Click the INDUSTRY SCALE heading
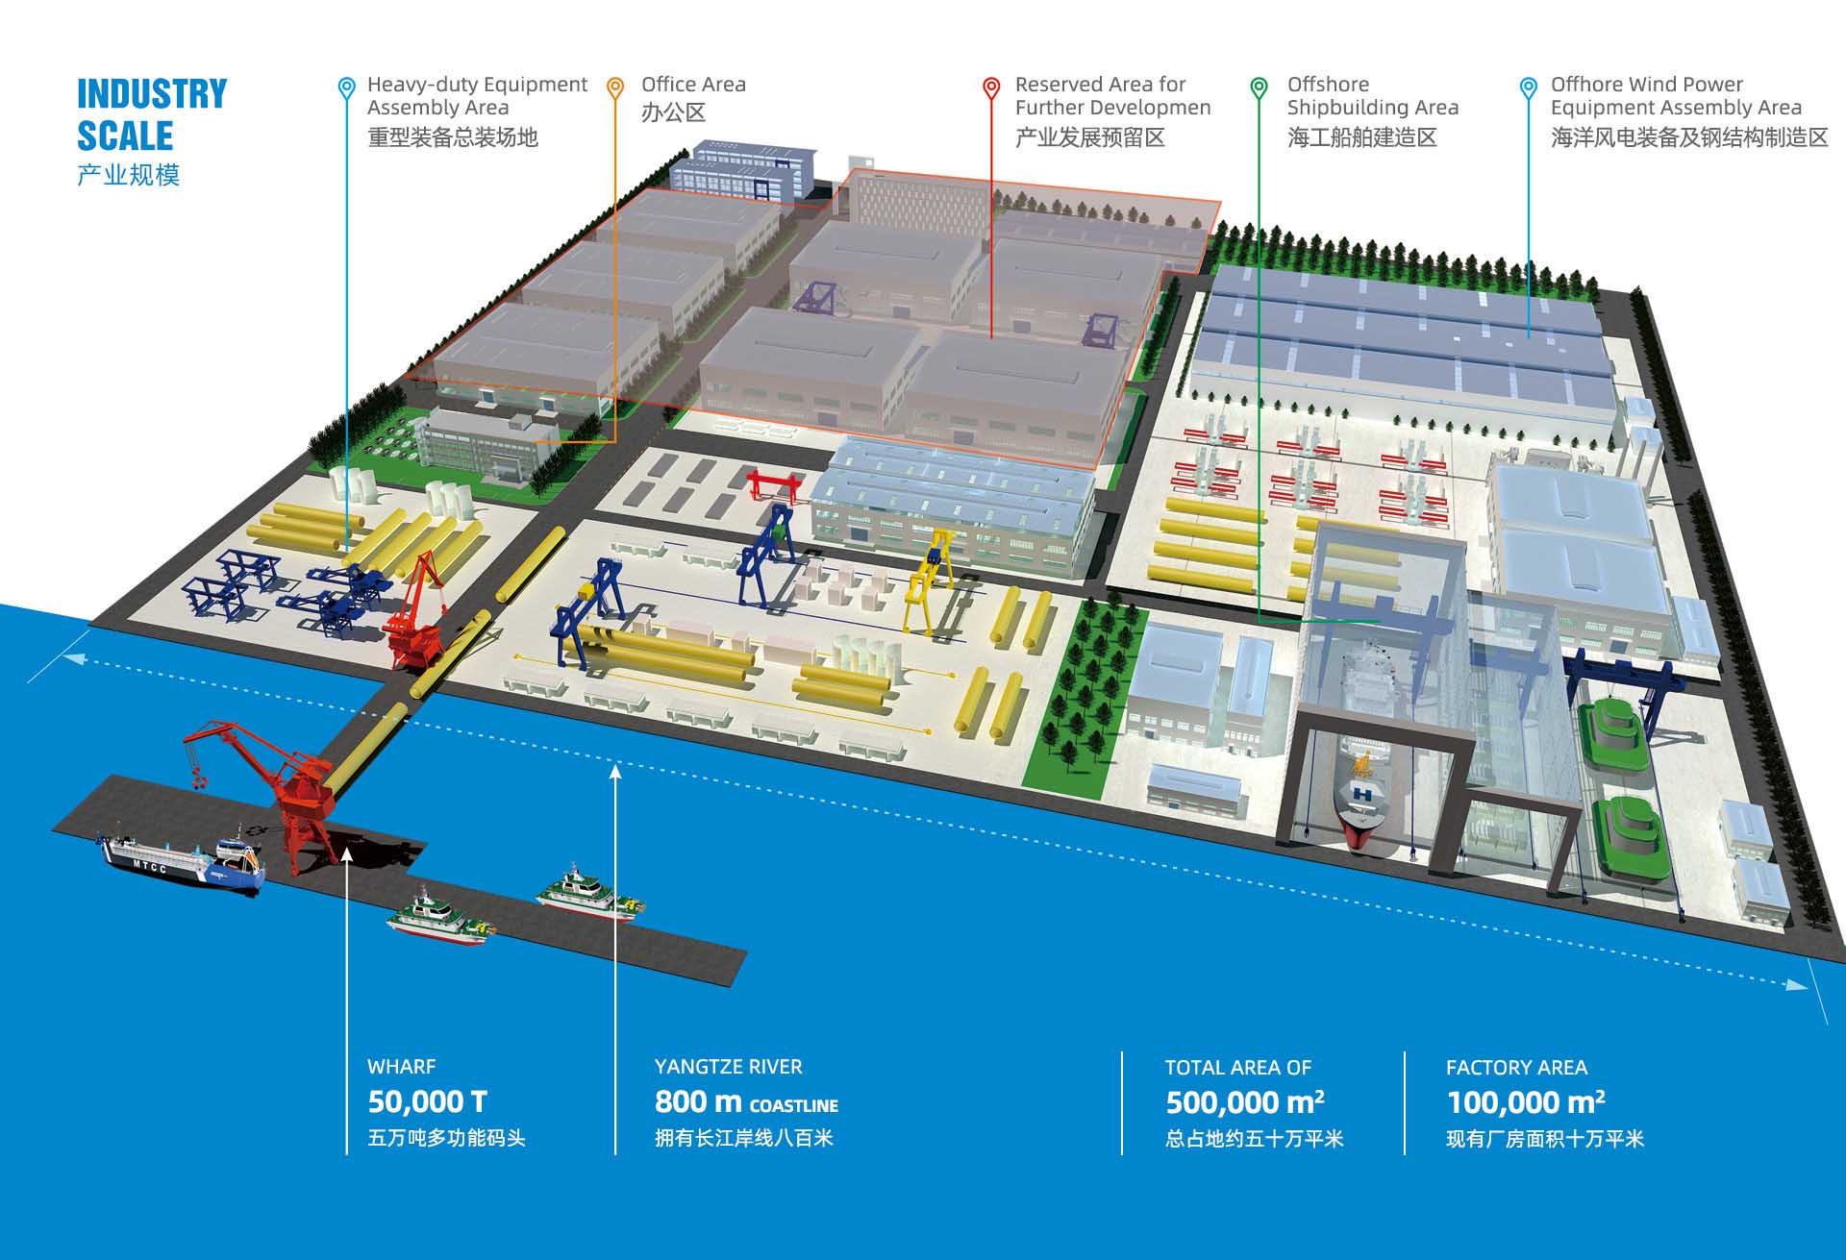[151, 114]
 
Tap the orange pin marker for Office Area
[615, 87]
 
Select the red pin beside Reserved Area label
[990, 87]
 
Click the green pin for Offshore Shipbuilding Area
[1259, 87]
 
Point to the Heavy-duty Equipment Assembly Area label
[476, 96]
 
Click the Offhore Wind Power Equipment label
[1675, 96]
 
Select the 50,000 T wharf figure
[427, 1101]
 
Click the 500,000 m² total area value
[1244, 1102]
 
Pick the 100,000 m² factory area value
[1525, 1102]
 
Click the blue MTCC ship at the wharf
[183, 862]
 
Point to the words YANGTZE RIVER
[728, 1066]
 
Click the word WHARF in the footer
[401, 1066]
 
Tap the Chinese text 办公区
[673, 112]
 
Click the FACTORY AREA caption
[1516, 1067]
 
